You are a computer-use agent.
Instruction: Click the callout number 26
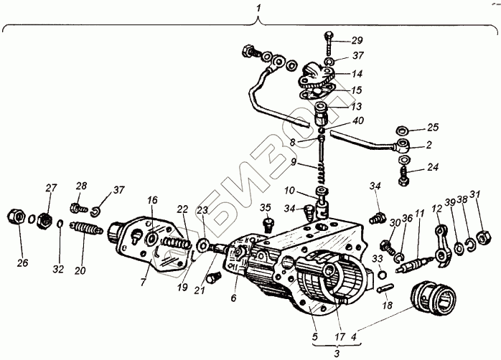point(23,263)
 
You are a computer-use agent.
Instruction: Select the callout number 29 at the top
point(357,41)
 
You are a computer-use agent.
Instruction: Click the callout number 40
point(357,120)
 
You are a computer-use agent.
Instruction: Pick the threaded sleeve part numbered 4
point(433,298)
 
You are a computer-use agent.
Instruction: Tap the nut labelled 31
point(482,237)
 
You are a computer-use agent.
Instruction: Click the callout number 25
point(433,127)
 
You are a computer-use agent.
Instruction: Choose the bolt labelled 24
point(404,176)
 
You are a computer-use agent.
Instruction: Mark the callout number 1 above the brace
point(258,8)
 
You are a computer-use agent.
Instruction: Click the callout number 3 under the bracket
point(337,354)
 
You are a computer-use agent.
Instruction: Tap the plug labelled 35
point(268,225)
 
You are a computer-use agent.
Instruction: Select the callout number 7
point(143,282)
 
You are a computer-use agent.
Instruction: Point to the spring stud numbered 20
point(87,228)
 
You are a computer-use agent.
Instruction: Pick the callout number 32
point(58,270)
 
